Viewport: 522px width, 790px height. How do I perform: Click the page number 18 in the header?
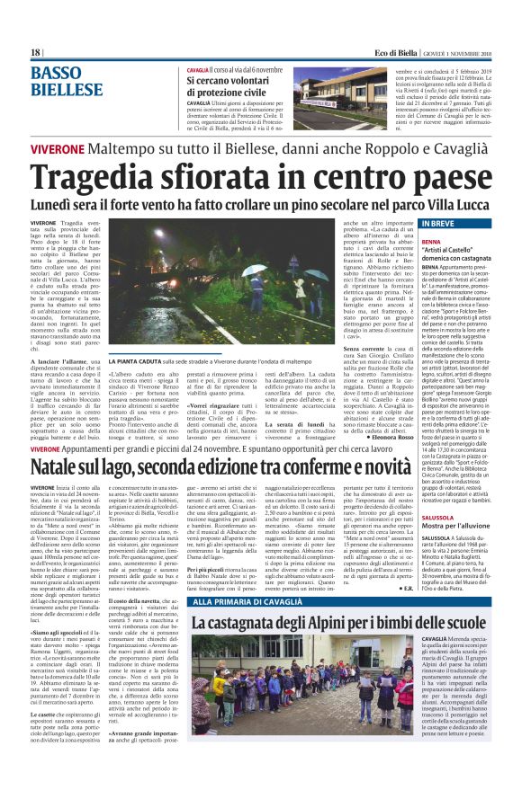pos(36,54)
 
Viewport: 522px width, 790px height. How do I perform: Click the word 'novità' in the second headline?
pos(360,467)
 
